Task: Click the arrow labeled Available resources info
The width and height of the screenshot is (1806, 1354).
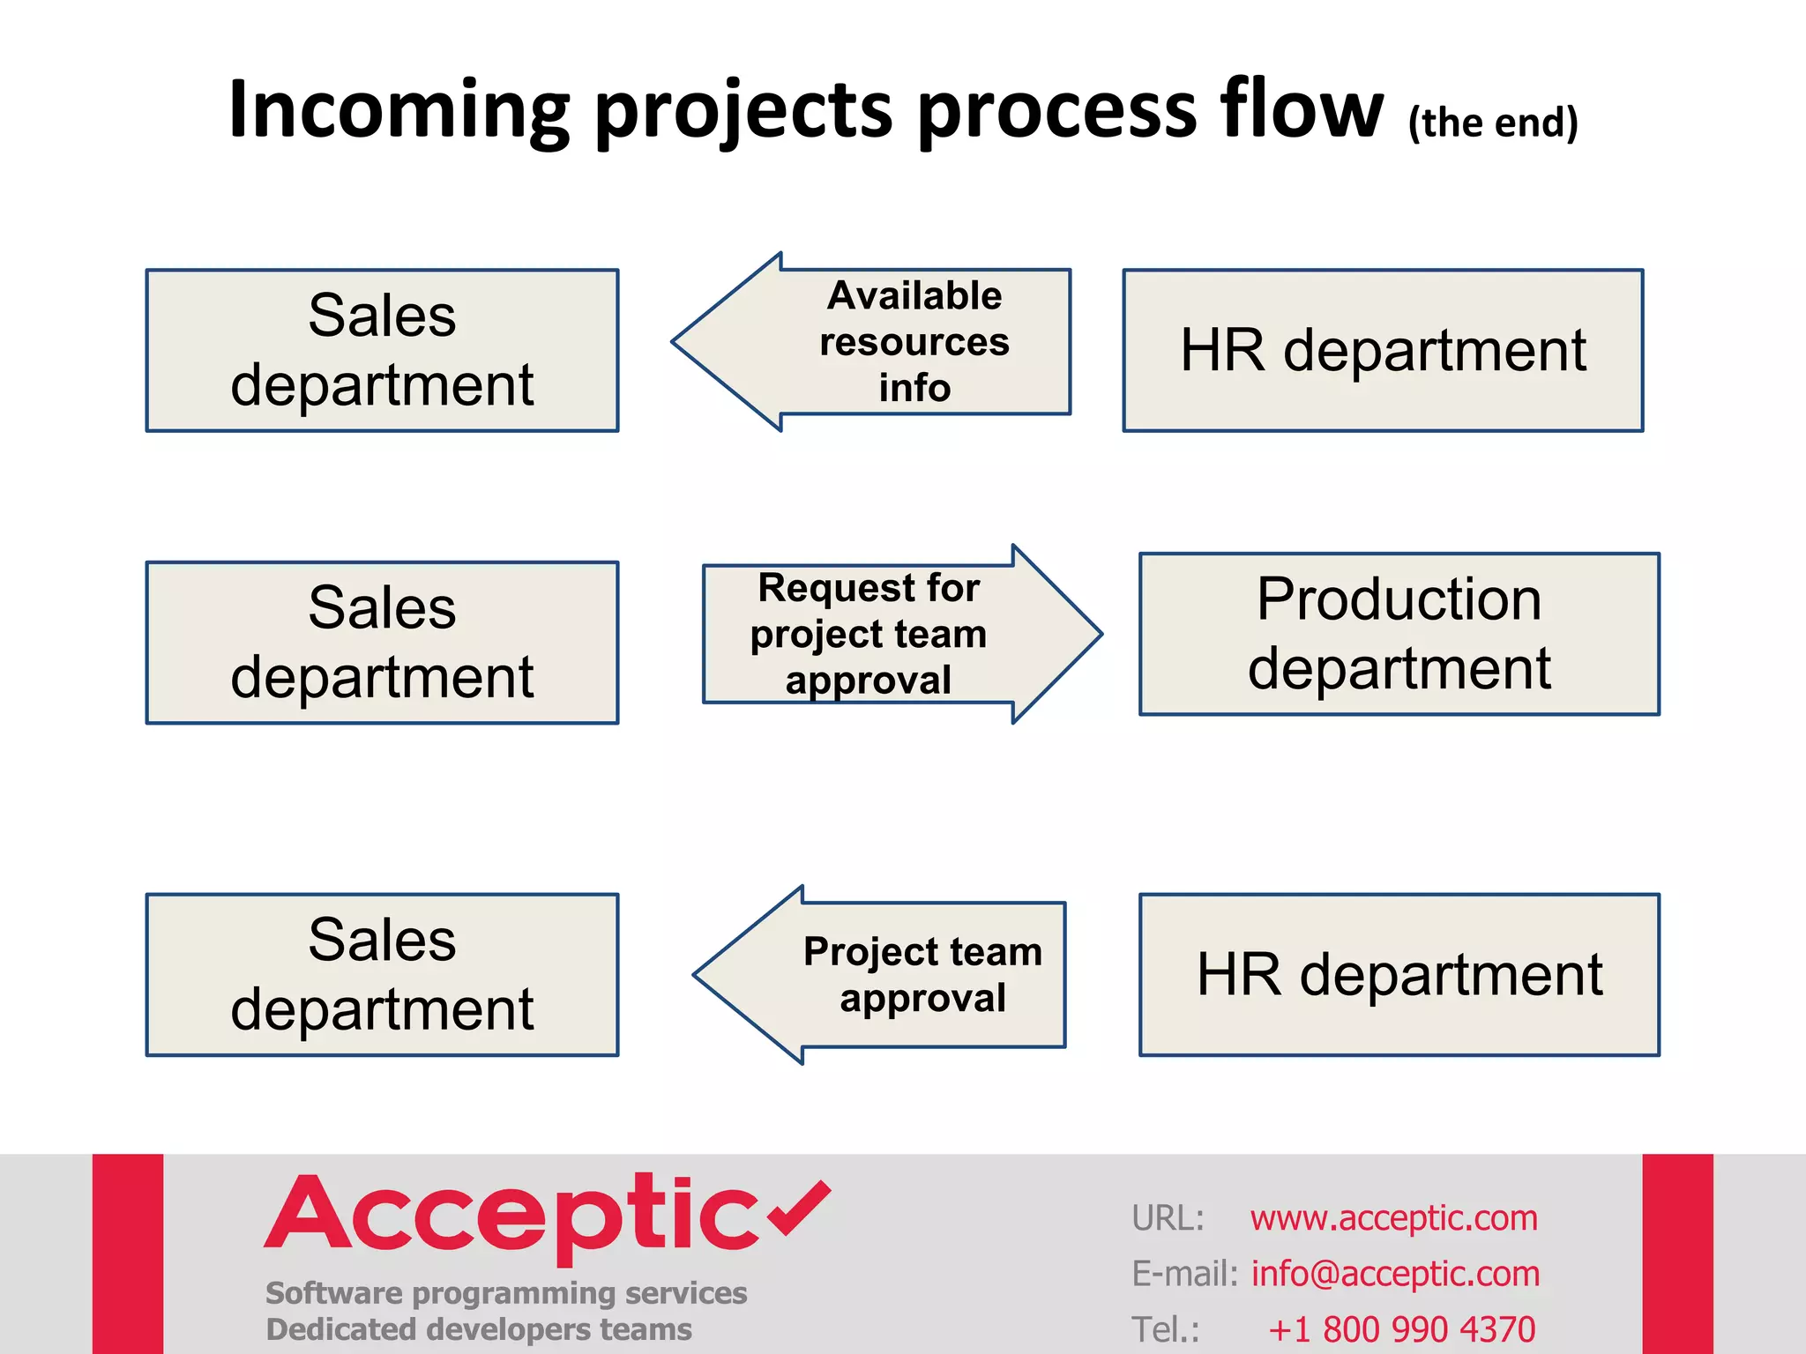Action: (882, 342)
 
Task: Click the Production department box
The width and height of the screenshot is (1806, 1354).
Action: (1399, 634)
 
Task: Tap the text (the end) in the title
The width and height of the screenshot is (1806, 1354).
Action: (1493, 123)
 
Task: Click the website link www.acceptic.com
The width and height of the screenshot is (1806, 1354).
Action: (1393, 1218)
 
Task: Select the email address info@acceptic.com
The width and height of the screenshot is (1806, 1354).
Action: (1395, 1274)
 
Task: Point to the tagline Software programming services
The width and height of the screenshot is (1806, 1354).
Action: (506, 1293)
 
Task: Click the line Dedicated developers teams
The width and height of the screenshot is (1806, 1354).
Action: (479, 1329)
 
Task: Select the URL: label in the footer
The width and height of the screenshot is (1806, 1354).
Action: (1168, 1218)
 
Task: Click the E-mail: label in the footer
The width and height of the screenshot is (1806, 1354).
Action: (1184, 1274)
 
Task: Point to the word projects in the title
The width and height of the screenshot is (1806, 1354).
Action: (744, 112)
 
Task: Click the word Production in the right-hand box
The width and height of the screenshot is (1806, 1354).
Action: (1399, 599)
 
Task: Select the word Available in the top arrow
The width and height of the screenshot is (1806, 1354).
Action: (914, 296)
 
